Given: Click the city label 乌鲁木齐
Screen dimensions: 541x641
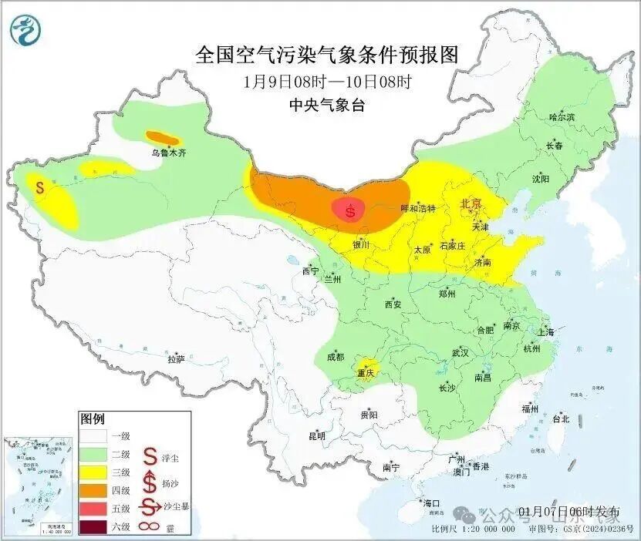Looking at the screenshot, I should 168,153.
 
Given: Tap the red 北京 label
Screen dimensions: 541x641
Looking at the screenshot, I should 471,203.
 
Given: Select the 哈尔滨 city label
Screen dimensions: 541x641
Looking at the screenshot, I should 562,117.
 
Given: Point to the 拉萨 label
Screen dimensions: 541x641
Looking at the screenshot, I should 176,358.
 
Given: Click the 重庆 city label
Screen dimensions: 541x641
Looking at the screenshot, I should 365,374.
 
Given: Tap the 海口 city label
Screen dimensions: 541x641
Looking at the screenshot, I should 431,503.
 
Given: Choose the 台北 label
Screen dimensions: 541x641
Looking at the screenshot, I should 560,419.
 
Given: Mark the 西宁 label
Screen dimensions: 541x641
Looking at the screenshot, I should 310,271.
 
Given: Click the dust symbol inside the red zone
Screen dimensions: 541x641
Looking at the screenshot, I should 351,210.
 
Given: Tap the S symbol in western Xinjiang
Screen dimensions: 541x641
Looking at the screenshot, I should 39,186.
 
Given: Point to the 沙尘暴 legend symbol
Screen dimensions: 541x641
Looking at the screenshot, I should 150,507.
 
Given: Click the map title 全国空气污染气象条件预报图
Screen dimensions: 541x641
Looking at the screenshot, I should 327,55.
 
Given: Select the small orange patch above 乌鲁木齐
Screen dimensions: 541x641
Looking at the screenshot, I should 163,138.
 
